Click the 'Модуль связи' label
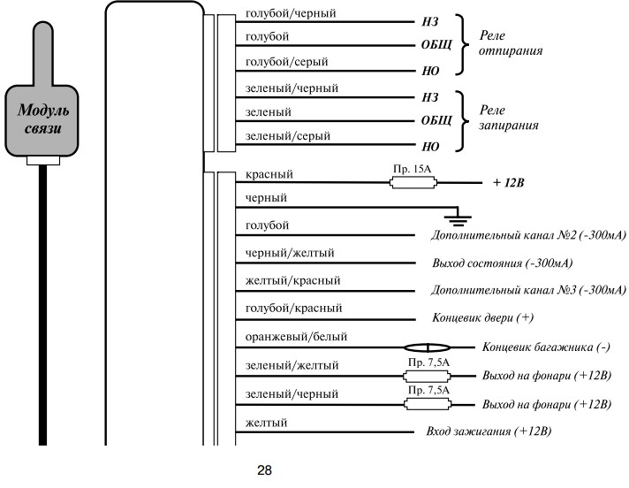coord(43,118)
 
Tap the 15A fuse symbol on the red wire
coord(413,183)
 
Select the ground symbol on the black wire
coord(458,217)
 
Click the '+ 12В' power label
coord(508,183)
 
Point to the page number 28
coord(264,470)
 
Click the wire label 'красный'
coord(269,174)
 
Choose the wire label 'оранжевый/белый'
coord(296,337)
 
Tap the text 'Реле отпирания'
coord(511,43)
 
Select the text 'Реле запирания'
coord(509,118)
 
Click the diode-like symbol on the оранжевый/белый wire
coord(427,347)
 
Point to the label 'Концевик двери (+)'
coord(482,318)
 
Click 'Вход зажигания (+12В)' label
coord(489,431)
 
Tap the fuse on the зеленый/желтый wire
coord(427,377)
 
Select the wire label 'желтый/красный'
coord(292,280)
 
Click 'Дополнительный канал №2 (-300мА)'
coord(528,235)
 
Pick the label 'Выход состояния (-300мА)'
coord(503,263)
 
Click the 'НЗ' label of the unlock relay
coord(429,22)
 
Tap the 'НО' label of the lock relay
coord(430,147)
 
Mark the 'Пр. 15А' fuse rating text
coord(412,169)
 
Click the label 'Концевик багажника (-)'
coord(546,347)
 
